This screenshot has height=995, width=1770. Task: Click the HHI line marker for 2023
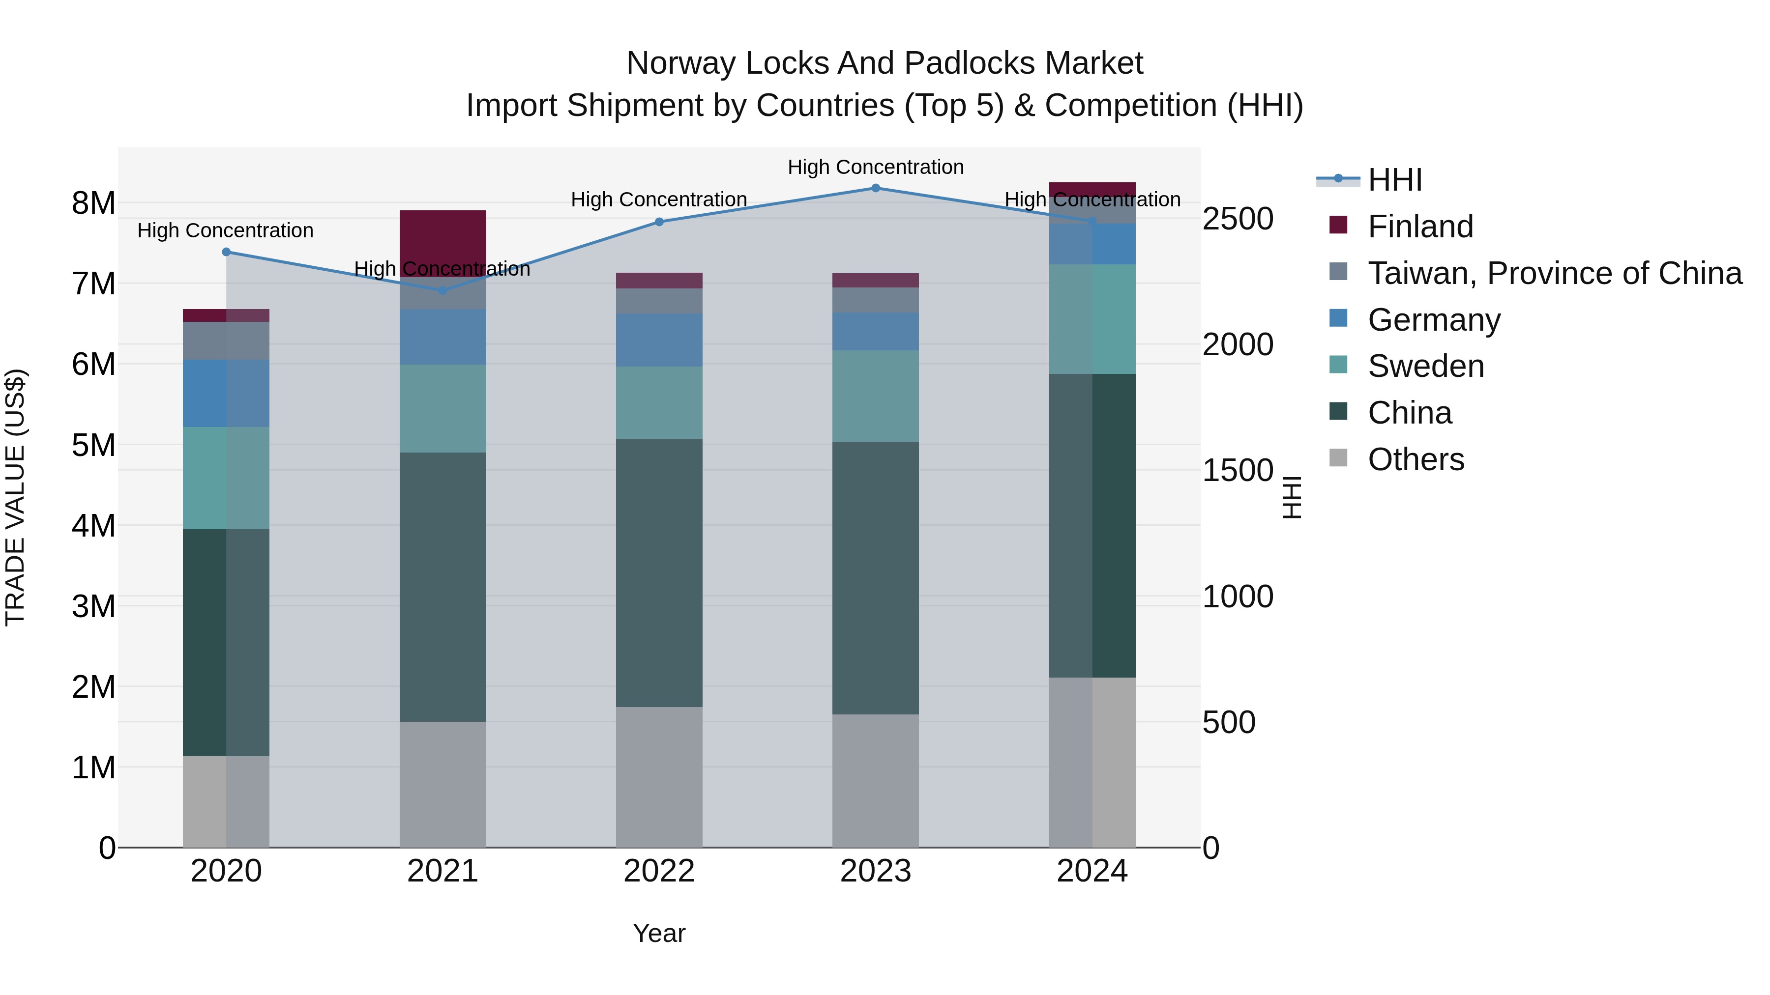(x=875, y=188)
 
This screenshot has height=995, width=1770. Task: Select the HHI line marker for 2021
(x=442, y=290)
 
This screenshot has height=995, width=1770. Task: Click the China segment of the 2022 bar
(x=659, y=573)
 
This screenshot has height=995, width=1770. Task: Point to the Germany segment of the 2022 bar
(x=659, y=340)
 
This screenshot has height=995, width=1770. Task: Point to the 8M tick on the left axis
(x=93, y=203)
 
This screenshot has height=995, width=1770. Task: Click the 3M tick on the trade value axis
(x=93, y=606)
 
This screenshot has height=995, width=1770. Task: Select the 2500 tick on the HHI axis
(x=1238, y=219)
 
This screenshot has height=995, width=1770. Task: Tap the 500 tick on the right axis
(x=1229, y=722)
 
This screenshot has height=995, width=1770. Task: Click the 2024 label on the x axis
(x=1092, y=871)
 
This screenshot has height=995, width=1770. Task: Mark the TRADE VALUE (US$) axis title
(x=15, y=497)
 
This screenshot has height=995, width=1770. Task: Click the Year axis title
(x=659, y=933)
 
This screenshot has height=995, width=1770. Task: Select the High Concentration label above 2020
(x=225, y=231)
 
